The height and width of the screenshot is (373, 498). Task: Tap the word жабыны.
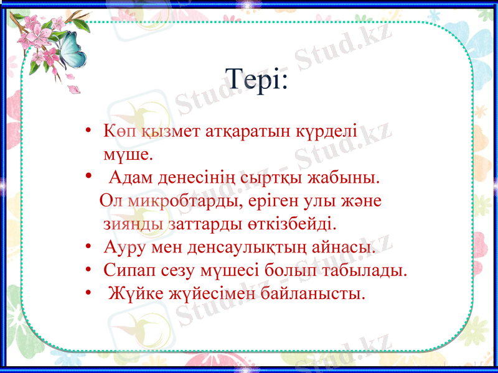point(345,179)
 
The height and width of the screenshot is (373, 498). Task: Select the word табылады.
point(374,270)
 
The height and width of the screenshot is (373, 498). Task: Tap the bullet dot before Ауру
point(91,247)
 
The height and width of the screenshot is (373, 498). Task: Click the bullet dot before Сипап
point(91,270)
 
